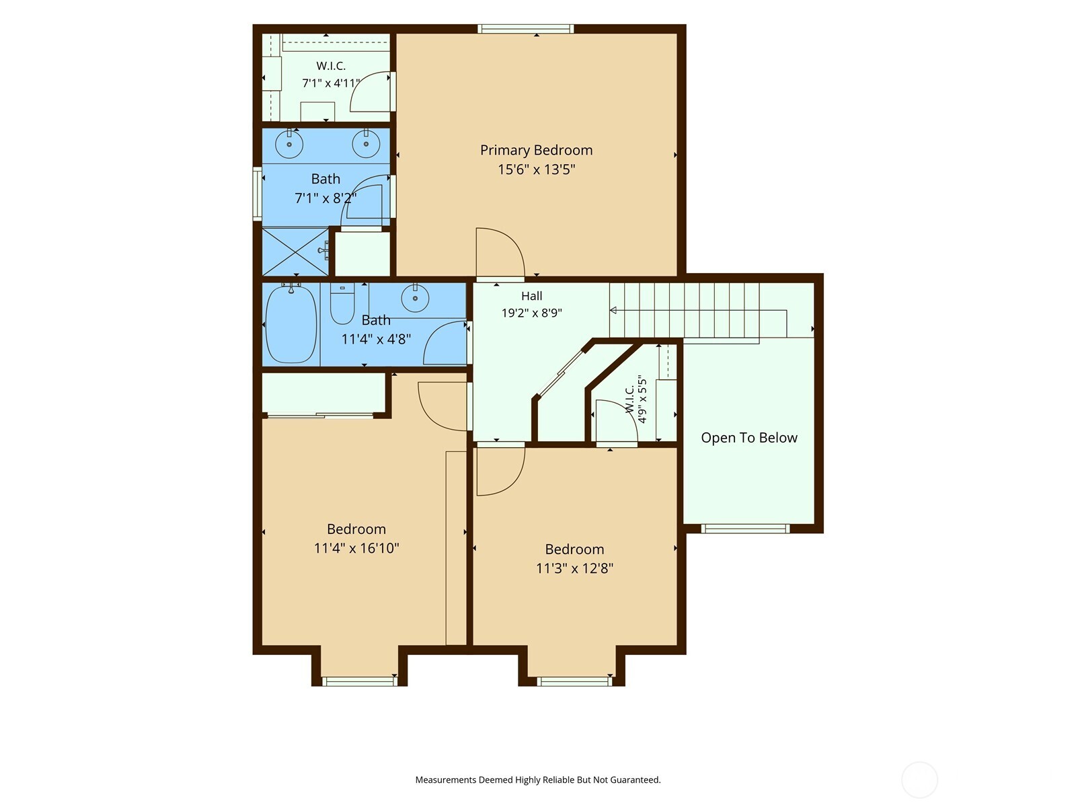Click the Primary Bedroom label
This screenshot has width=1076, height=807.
[x=536, y=151]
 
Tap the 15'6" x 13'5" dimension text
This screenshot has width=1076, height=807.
[x=536, y=169]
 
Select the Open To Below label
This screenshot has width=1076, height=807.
[x=749, y=438]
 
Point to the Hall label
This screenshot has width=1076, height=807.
[x=531, y=296]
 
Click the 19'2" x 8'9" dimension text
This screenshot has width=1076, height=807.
[x=531, y=313]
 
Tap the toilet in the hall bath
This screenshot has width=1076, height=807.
[x=342, y=303]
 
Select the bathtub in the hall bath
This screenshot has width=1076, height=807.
[x=291, y=324]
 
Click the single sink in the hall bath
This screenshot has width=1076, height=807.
[x=415, y=297]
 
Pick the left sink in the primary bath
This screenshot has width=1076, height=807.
[x=289, y=143]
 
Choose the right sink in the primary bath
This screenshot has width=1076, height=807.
[x=367, y=143]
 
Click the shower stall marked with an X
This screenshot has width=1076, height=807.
[x=295, y=252]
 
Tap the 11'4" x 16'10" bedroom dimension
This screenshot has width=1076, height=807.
[x=356, y=548]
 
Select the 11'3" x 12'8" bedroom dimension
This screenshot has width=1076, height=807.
[x=574, y=568]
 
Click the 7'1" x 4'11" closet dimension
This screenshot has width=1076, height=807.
[x=331, y=83]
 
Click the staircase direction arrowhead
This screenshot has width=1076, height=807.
[x=613, y=310]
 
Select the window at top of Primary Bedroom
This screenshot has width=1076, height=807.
[x=526, y=28]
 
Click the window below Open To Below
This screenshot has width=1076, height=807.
[x=745, y=528]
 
